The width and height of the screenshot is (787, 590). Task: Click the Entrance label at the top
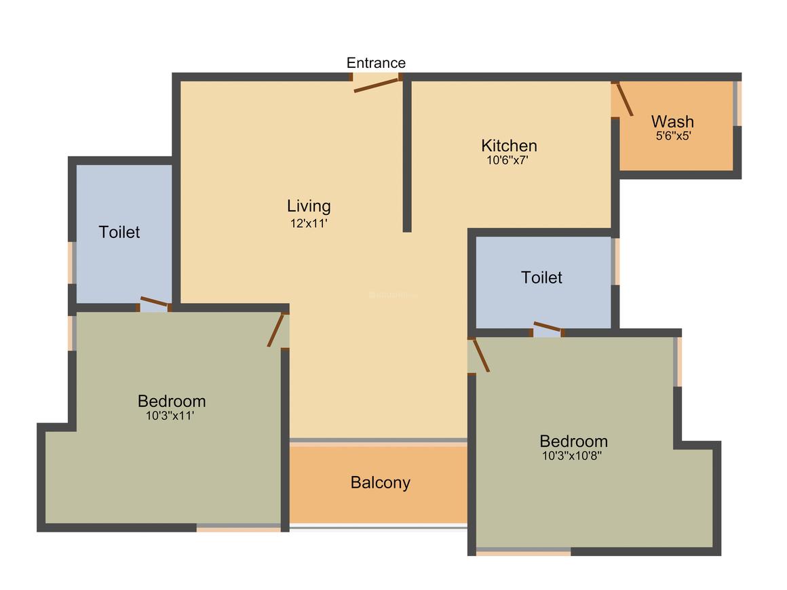tap(376, 63)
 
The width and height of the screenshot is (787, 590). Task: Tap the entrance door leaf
tap(377, 85)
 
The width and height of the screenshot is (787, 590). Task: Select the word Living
tap(309, 205)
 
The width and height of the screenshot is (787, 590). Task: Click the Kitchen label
tap(509, 146)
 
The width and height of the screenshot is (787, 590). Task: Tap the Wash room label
tap(672, 121)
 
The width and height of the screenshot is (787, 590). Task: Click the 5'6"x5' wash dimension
tap(673, 135)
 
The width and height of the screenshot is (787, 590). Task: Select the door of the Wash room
tap(624, 100)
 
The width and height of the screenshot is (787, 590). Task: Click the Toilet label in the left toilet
tap(119, 232)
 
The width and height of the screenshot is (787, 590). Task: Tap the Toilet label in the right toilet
tap(541, 277)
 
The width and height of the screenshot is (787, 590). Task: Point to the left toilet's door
tap(155, 302)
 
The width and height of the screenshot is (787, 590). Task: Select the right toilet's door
tap(548, 328)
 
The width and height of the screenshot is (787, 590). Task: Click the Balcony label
tap(380, 483)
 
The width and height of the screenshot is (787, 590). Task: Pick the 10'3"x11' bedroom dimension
tap(170, 416)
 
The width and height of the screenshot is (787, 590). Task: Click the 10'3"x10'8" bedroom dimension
tap(572, 456)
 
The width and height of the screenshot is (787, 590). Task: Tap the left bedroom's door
tap(275, 330)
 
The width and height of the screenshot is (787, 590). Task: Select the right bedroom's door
tap(480, 355)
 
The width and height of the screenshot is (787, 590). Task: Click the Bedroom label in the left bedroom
tap(172, 401)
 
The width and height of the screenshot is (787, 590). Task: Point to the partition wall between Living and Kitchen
tap(407, 156)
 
